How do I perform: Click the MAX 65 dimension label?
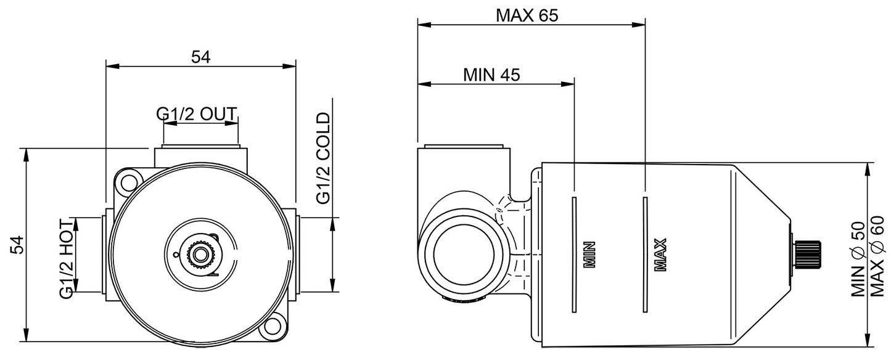(527, 15)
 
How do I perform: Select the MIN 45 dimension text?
(491, 75)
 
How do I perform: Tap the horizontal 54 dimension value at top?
(200, 57)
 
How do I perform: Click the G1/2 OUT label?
(196, 114)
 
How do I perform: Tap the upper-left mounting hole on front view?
(128, 181)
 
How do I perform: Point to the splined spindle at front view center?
(200, 254)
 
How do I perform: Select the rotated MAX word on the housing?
(660, 255)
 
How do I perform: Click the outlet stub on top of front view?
(200, 155)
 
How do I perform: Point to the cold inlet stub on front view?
(298, 254)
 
